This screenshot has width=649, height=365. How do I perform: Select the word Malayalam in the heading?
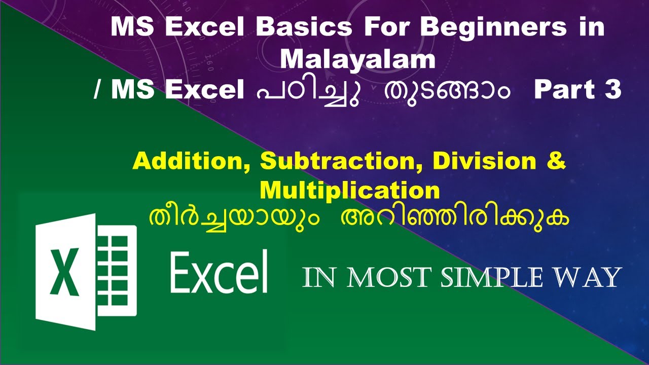(x=357, y=59)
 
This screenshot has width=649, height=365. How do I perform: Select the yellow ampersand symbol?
(x=556, y=162)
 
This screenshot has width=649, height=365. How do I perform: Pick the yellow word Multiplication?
(x=349, y=191)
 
